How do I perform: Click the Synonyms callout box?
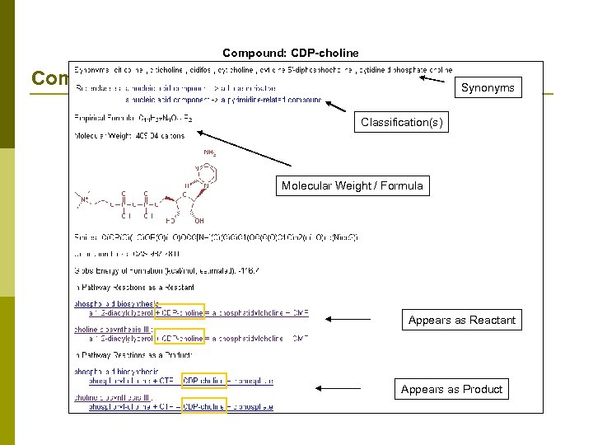coord(488,87)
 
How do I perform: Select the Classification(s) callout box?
coord(401,123)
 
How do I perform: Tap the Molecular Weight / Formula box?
coord(352,185)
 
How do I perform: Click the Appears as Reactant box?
coord(462,320)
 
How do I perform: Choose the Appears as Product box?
coord(451,389)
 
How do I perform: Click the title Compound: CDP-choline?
coord(291,54)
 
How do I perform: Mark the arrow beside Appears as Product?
coord(339,388)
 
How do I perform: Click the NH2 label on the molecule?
coord(209,152)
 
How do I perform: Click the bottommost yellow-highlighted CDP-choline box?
coord(203,405)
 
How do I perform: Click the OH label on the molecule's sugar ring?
coord(199,221)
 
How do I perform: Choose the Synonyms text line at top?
coord(247,71)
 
